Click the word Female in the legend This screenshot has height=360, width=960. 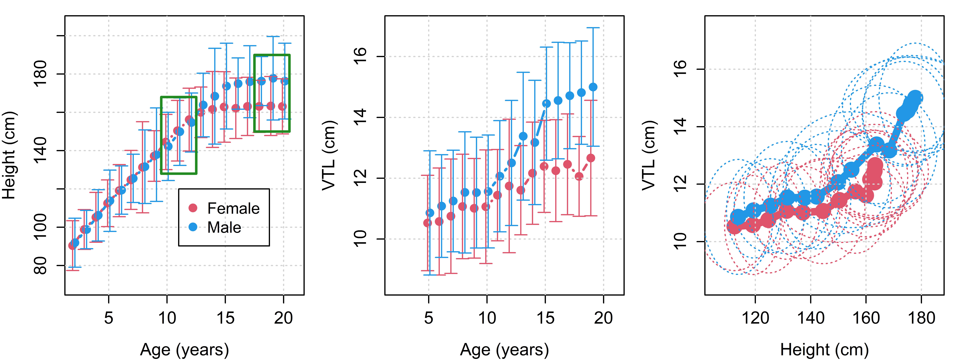(233, 208)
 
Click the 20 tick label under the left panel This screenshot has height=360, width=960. (284, 318)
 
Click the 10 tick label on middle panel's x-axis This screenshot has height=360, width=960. (487, 318)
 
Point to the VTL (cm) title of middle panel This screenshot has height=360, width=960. (329, 155)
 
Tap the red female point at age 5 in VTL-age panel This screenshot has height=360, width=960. (427, 223)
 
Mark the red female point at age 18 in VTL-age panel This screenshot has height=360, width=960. (579, 176)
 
